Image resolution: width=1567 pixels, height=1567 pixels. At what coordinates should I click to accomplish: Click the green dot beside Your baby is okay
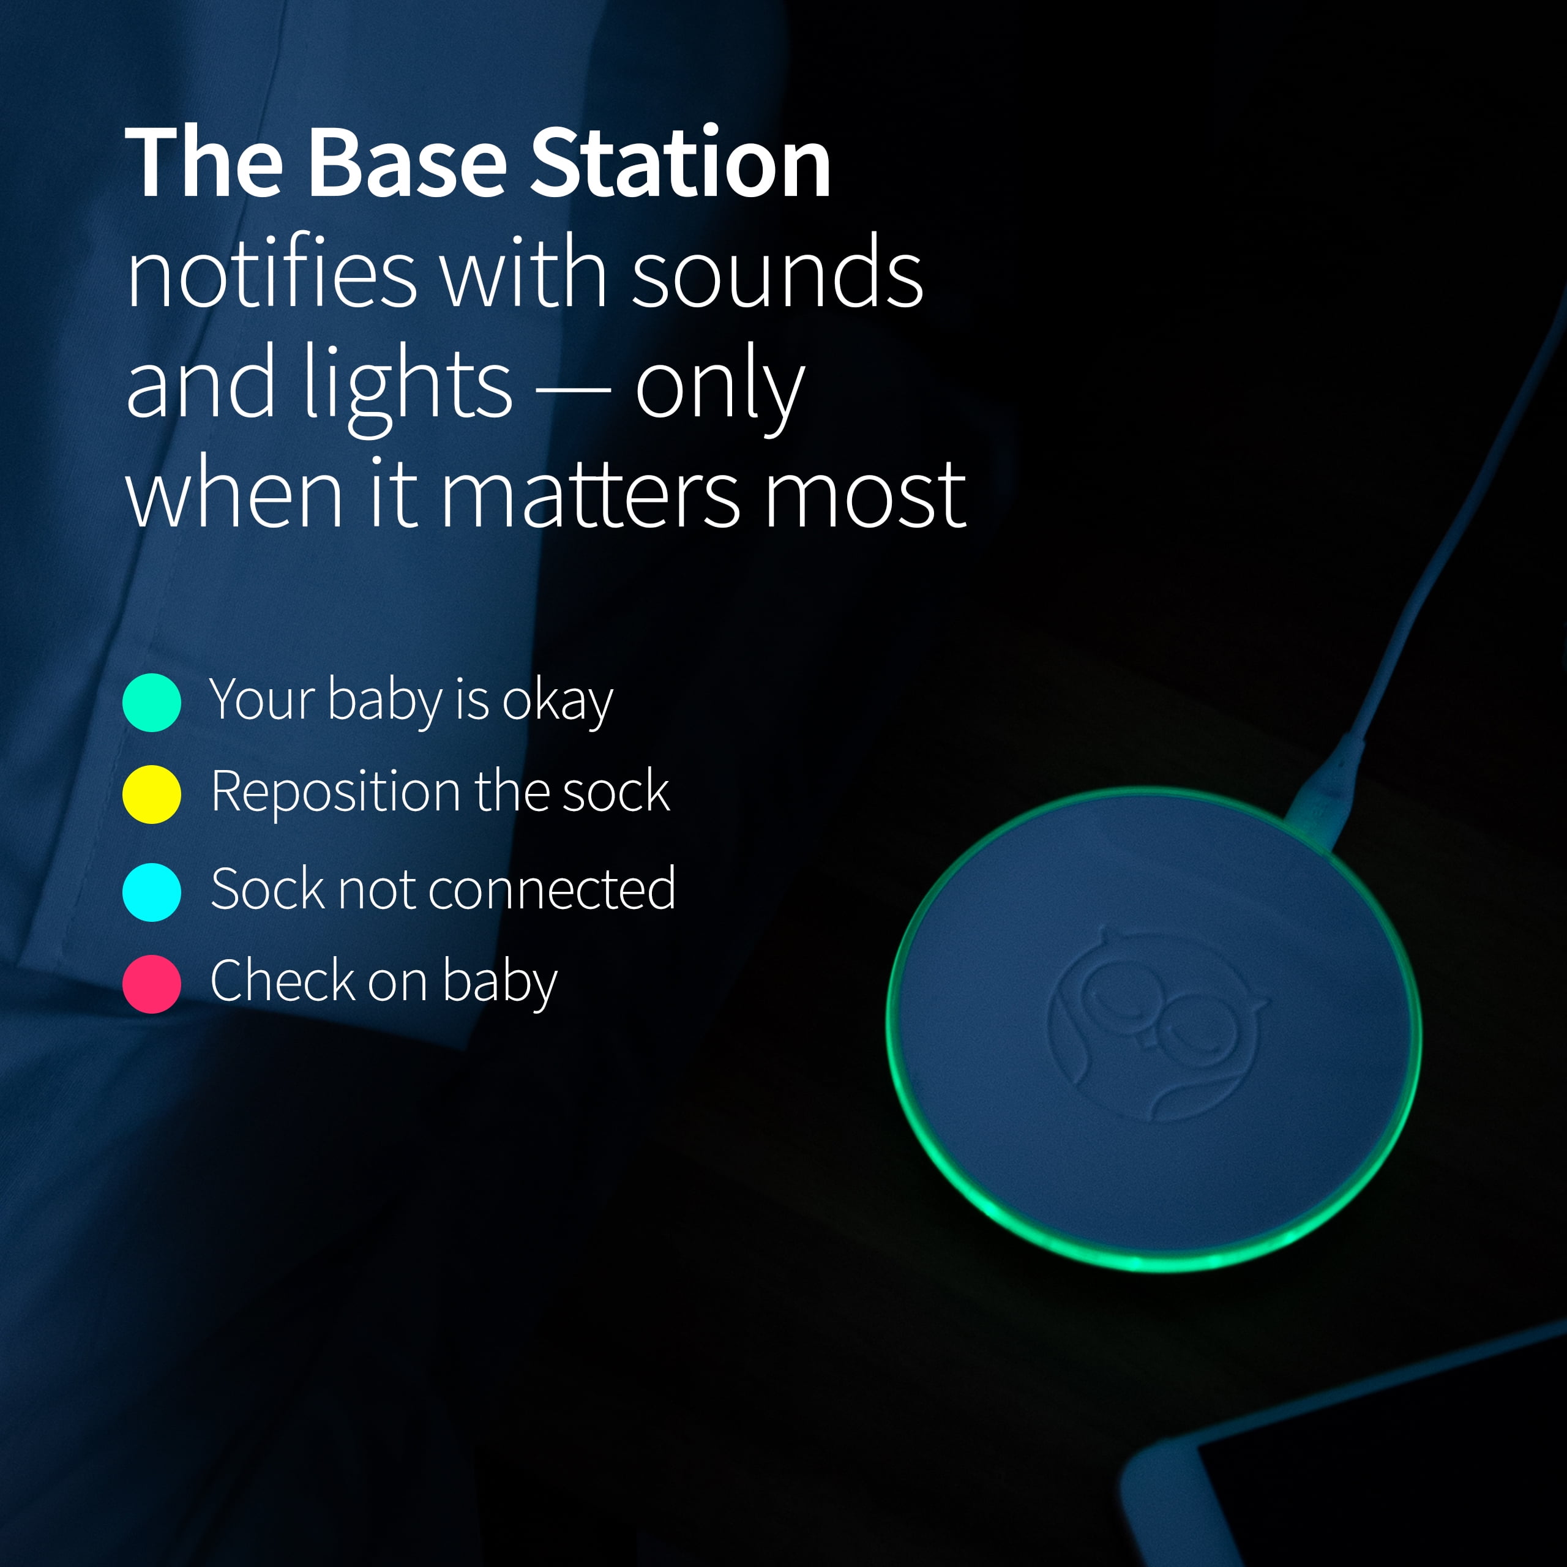pos(152,702)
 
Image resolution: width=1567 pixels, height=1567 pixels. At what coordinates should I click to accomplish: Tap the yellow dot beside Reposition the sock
pos(152,794)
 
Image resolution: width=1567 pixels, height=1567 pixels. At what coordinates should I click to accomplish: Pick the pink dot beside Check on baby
pos(152,984)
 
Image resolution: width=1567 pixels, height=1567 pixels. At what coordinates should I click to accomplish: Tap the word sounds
pos(776,272)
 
